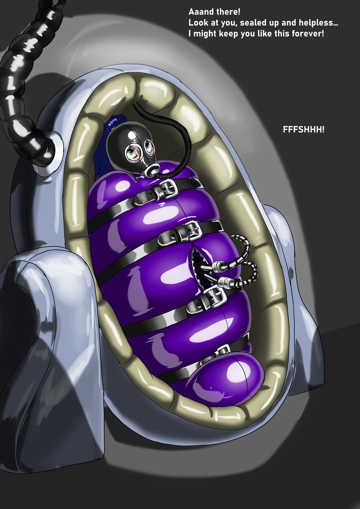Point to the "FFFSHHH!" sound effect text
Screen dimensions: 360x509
pos(304,130)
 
